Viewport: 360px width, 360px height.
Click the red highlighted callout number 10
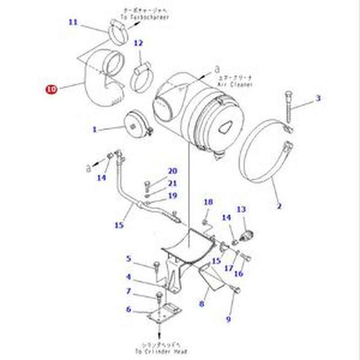(51, 89)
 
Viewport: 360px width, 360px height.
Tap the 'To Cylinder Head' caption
(160, 351)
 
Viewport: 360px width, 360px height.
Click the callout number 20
(173, 171)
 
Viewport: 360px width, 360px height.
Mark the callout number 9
(228, 319)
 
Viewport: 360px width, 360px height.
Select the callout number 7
(129, 291)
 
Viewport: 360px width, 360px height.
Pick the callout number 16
(239, 273)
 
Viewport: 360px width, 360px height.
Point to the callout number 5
(129, 259)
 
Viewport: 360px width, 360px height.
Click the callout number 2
(279, 207)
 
